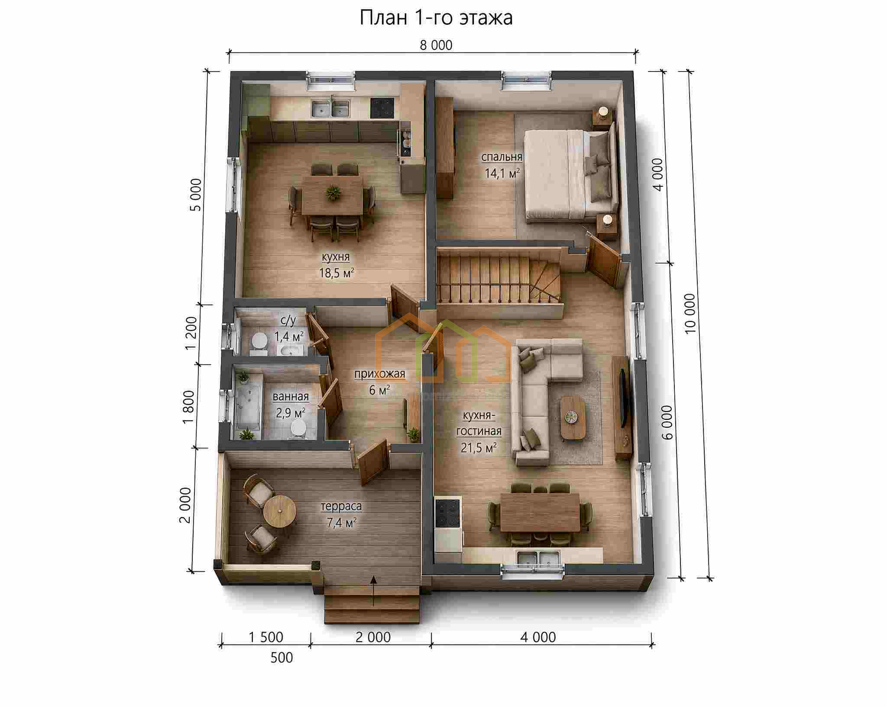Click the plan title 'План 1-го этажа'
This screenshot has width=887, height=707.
pos(436,18)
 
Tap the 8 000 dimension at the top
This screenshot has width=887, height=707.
pos(436,45)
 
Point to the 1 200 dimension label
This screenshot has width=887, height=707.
pos(191,334)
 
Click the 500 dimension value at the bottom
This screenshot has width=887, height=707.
pos(282,658)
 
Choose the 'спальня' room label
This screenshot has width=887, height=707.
pos(502,157)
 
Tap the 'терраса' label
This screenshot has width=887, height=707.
pos(341,506)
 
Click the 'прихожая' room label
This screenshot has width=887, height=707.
pos(380,374)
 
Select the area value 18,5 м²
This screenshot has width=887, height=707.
pos(337,273)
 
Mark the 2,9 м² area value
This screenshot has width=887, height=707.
pos(291,412)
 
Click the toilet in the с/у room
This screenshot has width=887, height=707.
pos(259,341)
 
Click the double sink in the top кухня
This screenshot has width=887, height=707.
pos(331,109)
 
